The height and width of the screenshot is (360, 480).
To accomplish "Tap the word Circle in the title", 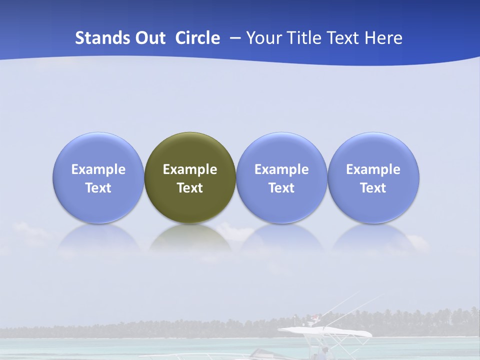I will (197, 38).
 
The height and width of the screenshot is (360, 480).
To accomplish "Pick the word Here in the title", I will (383, 38).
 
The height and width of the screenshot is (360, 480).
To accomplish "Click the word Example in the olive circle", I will (190, 169).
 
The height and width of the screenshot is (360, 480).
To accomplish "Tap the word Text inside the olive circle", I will (190, 188).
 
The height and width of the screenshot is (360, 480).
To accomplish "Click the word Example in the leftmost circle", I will (98, 169).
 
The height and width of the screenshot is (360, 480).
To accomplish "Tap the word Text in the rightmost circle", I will (373, 188).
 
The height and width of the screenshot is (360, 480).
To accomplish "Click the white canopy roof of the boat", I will (325, 331).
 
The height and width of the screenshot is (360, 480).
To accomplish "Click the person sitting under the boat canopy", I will (325, 350).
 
